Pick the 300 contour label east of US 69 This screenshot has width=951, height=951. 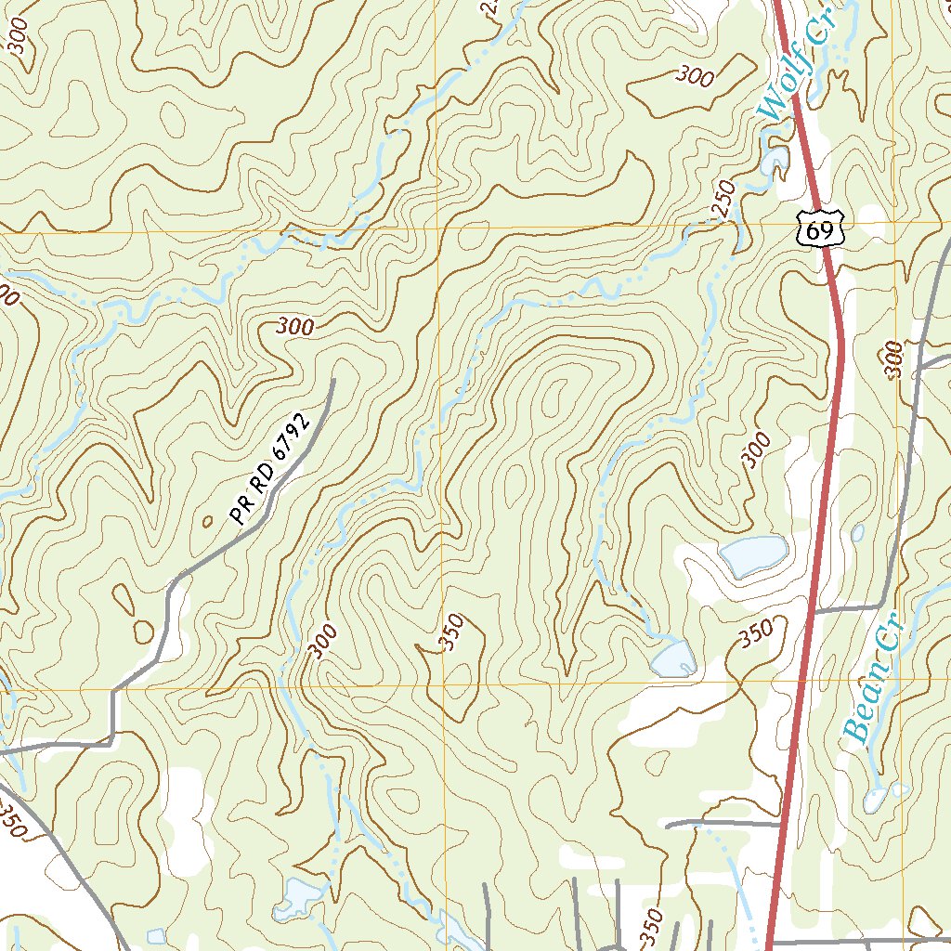pyautogui.click(x=894, y=358)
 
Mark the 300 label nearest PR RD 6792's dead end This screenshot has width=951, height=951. pyautogui.click(x=295, y=327)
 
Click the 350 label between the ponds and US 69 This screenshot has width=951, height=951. pyautogui.click(x=756, y=635)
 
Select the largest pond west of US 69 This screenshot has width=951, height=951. pyautogui.click(x=752, y=554)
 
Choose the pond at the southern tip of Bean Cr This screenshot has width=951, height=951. pyautogui.click(x=875, y=801)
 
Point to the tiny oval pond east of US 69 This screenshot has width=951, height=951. pyautogui.click(x=857, y=533)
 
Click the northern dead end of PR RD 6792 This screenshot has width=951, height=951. pyautogui.click(x=332, y=381)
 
